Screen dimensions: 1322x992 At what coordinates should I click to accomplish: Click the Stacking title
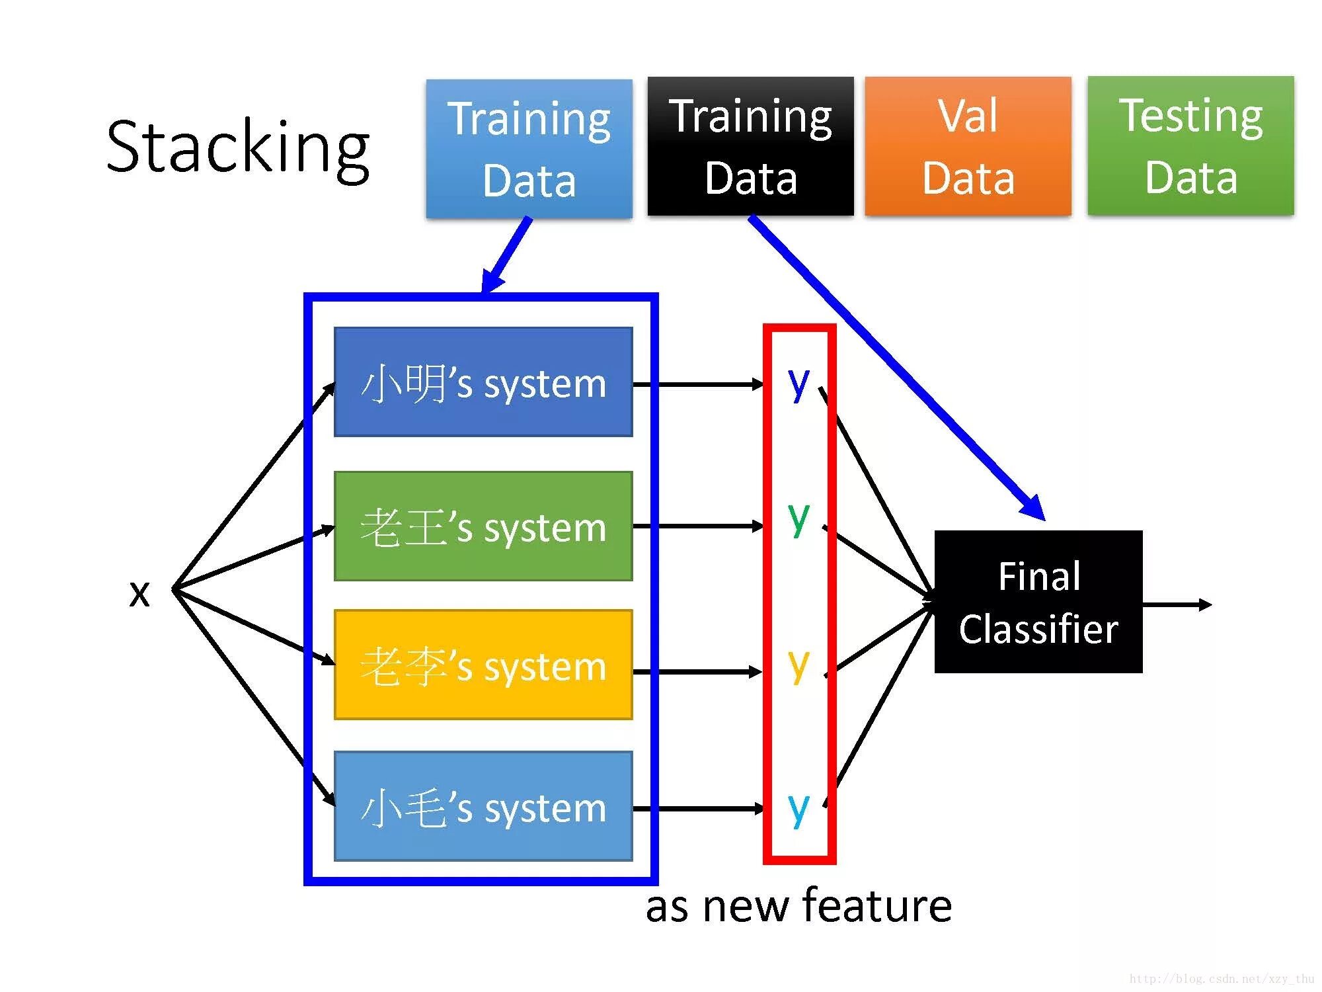point(238,149)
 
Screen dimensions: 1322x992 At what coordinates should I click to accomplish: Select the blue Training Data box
point(529,148)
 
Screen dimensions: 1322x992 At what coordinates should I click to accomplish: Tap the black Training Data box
point(750,146)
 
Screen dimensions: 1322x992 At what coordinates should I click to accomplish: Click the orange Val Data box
point(968,146)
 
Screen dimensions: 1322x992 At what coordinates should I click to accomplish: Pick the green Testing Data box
point(1190,145)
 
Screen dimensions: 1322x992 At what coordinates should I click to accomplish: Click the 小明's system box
point(483,382)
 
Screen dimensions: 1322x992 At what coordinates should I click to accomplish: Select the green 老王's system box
point(483,526)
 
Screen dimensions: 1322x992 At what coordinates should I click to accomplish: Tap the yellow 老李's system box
point(483,664)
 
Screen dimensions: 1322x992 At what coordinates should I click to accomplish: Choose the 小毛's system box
point(483,806)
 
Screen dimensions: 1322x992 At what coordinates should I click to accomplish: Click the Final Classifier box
point(1038,602)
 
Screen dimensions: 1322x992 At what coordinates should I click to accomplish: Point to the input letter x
point(139,593)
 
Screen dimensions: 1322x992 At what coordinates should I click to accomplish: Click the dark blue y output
point(798,384)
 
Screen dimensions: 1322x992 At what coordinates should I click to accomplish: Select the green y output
point(798,519)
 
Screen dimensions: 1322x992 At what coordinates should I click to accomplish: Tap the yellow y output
point(798,666)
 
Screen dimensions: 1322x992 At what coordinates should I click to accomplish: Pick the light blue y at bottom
point(798,809)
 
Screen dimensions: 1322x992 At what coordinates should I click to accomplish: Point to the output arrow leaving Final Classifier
point(1177,604)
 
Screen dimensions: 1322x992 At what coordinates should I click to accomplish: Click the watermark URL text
point(1222,979)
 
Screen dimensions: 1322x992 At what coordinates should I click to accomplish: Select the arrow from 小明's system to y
point(698,384)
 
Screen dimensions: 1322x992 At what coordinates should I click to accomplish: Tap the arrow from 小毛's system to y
point(698,808)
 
